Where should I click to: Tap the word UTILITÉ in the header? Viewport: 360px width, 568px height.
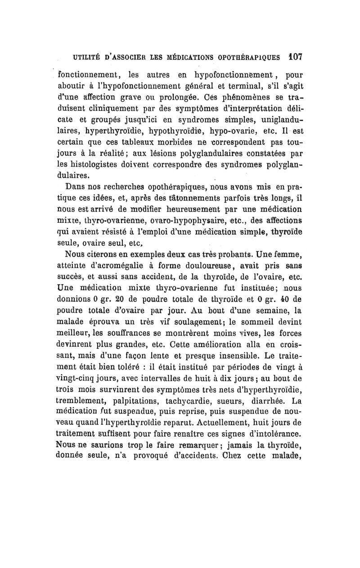click(82, 58)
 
